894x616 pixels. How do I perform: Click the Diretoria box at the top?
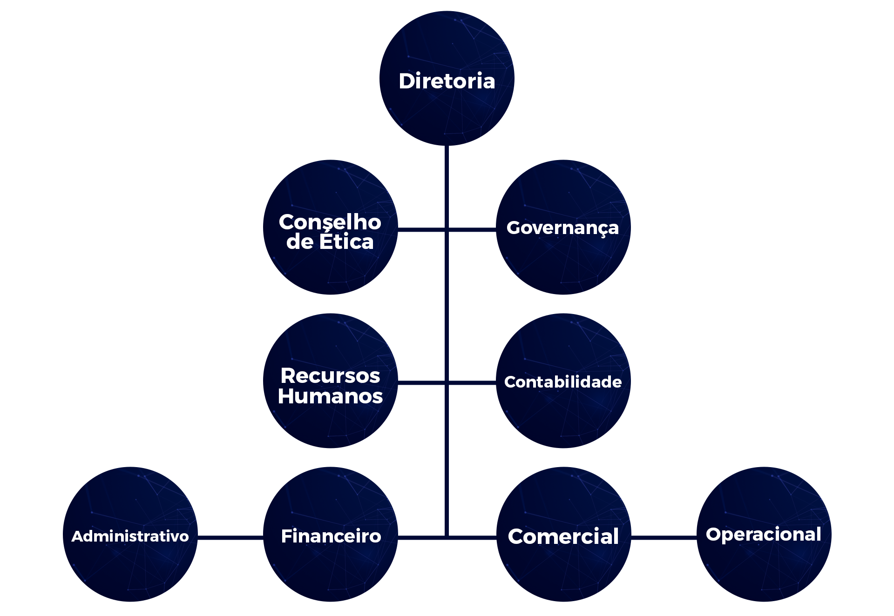[x=447, y=79]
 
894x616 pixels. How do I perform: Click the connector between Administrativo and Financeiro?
[x=230, y=537]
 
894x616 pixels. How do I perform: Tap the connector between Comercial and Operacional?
[x=664, y=537]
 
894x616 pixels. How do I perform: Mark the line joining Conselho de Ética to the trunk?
[x=421, y=229]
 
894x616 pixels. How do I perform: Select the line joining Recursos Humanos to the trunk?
[x=421, y=383]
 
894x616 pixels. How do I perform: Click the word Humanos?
[x=330, y=396]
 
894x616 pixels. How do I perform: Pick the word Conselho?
[x=330, y=222]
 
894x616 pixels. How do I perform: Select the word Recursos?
[x=330, y=376]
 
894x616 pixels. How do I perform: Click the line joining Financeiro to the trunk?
[x=421, y=537]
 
